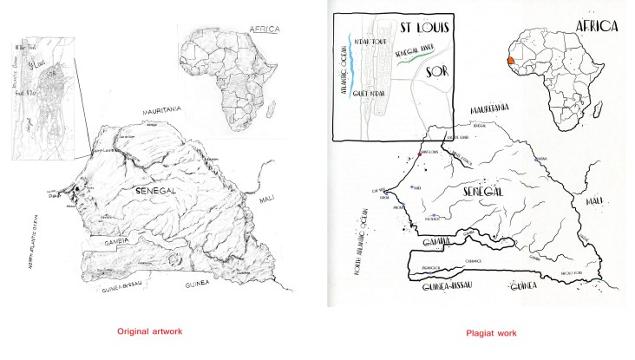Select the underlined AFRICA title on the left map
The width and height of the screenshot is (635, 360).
click(264, 29)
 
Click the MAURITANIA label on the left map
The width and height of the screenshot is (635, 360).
click(165, 110)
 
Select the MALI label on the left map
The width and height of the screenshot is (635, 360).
click(266, 200)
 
